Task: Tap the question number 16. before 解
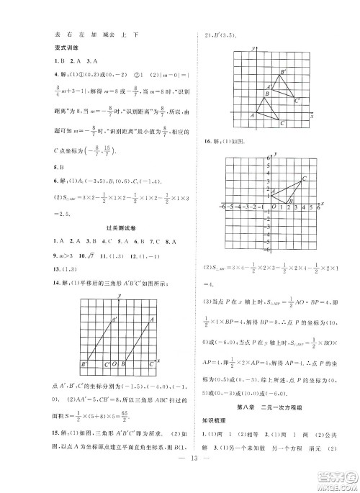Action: coord(209,141)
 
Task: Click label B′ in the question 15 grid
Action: coord(283,72)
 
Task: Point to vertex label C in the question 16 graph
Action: coord(305,178)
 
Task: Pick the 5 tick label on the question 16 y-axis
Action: coord(263,165)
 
